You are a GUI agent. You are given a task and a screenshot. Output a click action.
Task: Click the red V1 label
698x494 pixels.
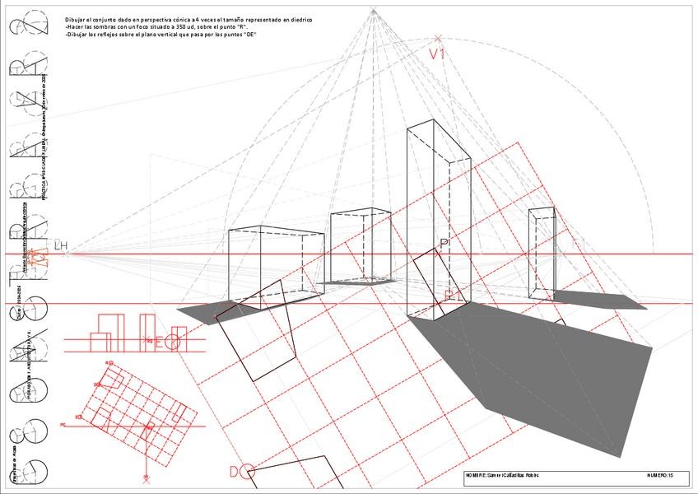(x=437, y=54)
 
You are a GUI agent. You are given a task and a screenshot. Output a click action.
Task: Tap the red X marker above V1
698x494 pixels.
(x=438, y=37)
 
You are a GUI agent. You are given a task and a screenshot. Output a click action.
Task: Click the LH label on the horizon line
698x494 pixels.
(x=60, y=245)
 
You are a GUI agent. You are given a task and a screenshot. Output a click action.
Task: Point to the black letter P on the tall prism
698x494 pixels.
(x=444, y=243)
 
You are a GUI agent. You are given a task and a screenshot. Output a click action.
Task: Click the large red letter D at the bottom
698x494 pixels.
(x=235, y=471)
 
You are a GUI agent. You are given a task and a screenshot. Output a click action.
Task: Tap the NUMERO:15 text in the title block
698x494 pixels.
(x=660, y=475)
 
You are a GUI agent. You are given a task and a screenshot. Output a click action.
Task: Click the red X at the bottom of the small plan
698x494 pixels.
(x=147, y=477)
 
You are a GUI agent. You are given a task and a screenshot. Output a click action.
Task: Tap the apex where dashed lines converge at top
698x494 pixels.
(x=373, y=11)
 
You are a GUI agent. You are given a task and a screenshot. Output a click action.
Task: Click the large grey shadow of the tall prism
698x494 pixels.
(x=535, y=370)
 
